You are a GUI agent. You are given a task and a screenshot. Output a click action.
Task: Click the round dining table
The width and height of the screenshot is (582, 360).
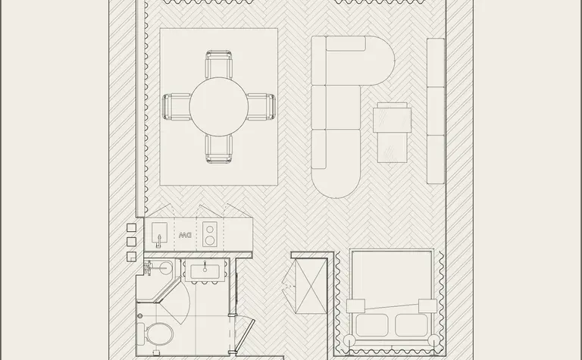[218, 107]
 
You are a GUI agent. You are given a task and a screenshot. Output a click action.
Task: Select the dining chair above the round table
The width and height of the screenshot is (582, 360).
[218, 64]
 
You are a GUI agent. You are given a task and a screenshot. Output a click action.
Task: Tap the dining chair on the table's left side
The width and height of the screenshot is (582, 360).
[177, 107]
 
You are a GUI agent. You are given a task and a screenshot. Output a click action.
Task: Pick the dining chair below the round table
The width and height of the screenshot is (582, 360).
[218, 149]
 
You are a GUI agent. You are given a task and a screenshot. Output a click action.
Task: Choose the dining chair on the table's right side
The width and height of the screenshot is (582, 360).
[261, 107]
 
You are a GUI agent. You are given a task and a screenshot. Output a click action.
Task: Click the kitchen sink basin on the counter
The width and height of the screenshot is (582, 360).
[160, 233]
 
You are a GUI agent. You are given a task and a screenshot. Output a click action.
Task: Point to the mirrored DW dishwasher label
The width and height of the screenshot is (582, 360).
[185, 235]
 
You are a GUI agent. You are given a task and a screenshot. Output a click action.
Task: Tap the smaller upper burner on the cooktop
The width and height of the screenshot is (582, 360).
[210, 229]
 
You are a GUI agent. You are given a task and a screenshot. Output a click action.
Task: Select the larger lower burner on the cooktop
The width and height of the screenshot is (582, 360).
[210, 240]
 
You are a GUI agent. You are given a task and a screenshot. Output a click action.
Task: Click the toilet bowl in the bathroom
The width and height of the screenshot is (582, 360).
[160, 333]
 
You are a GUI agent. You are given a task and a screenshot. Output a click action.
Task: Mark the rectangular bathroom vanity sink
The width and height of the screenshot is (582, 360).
[205, 271]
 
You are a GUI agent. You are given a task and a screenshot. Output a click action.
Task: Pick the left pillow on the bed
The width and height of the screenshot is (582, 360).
[372, 325]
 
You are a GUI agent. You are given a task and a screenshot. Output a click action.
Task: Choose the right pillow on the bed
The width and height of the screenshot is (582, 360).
[411, 325]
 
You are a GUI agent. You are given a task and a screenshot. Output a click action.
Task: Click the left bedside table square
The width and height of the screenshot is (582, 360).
[355, 306]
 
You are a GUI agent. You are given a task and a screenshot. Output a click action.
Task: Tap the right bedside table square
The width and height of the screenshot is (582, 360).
[427, 306]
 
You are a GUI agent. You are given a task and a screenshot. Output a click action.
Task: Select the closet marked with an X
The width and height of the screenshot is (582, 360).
[310, 286]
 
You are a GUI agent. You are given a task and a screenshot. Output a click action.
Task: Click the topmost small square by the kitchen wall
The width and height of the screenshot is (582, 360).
[131, 227]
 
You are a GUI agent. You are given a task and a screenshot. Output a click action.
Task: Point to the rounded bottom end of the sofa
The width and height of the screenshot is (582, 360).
[336, 184]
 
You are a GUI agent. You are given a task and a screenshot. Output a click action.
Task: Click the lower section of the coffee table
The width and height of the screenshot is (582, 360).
[393, 147]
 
